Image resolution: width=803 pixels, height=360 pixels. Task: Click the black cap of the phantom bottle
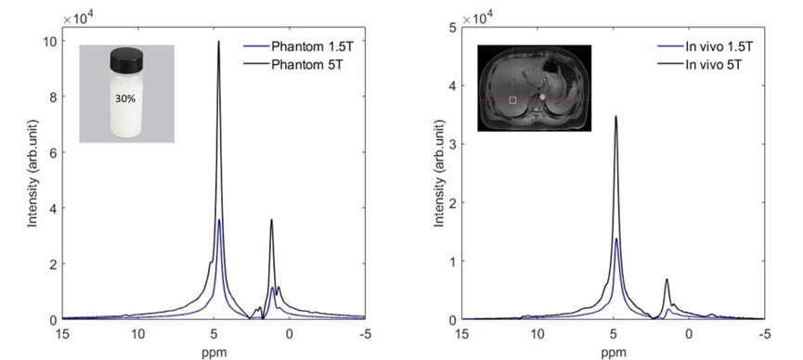point(126,58)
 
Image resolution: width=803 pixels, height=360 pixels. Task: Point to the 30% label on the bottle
point(125,98)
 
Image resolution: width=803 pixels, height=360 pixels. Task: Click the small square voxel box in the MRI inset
point(512,100)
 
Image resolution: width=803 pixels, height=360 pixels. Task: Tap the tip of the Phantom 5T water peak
point(219,42)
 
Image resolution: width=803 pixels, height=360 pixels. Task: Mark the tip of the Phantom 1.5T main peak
point(219,220)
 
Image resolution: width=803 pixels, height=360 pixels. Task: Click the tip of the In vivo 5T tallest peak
point(615,116)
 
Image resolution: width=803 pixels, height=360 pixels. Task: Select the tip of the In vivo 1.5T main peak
point(616,238)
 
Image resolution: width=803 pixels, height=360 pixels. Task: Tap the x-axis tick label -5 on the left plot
point(365,335)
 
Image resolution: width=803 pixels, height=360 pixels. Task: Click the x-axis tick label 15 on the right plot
point(462,335)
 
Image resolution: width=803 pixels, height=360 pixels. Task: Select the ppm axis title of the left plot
point(214,353)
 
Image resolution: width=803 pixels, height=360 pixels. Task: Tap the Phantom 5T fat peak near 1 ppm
point(271,220)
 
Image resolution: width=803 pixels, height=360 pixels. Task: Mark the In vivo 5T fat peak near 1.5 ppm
point(667,279)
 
